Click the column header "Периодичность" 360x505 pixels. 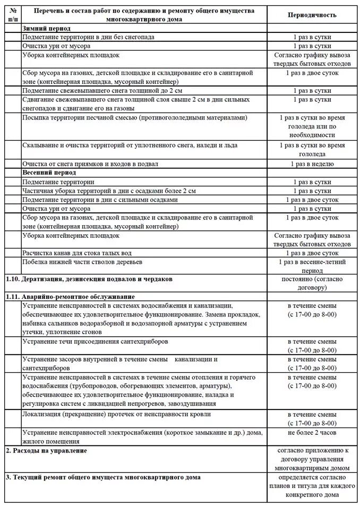pyautogui.click(x=312, y=15)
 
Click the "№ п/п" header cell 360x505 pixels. pyautogui.click(x=13, y=15)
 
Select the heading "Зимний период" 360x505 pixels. pyautogui.click(x=47, y=28)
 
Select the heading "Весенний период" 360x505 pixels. pyautogui.click(x=49, y=173)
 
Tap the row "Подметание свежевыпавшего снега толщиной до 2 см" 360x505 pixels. pyautogui.click(x=103, y=91)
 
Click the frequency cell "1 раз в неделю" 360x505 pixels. pyautogui.click(x=312, y=164)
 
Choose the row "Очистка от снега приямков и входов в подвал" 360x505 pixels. pyautogui.click(x=90, y=164)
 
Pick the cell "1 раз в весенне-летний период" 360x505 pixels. pyautogui.click(x=312, y=267)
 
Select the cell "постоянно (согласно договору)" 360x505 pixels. pyautogui.click(x=312, y=283)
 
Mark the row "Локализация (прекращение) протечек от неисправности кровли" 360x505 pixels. pyautogui.click(x=116, y=414)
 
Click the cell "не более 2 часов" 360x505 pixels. pyautogui.click(x=312, y=432)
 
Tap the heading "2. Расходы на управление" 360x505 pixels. pyautogui.click(x=46, y=451)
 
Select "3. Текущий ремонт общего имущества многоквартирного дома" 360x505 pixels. pyautogui.click(x=103, y=477)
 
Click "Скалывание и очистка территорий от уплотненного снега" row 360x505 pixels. pyautogui.click(x=130, y=145)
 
